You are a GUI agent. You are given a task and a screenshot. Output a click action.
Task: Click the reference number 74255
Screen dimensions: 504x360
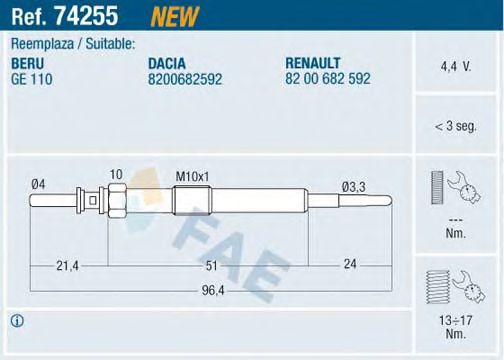click(86, 16)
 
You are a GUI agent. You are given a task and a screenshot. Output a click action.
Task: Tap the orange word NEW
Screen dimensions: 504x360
click(174, 16)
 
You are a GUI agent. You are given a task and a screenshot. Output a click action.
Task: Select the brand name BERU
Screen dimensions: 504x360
click(28, 63)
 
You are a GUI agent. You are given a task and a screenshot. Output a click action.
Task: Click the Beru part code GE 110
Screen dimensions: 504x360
click(32, 79)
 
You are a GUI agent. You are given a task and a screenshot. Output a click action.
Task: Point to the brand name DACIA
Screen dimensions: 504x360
click(167, 63)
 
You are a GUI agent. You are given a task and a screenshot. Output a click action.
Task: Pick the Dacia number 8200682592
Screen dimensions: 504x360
click(185, 79)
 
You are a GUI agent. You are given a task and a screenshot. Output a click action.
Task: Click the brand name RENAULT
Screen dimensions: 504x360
click(313, 63)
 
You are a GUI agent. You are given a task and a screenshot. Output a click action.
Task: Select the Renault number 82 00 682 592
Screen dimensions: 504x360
click(328, 79)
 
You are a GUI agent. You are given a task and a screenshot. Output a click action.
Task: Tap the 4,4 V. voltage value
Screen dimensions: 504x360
click(456, 67)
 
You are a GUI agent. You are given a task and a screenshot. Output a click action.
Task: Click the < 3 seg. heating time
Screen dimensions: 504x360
click(456, 126)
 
